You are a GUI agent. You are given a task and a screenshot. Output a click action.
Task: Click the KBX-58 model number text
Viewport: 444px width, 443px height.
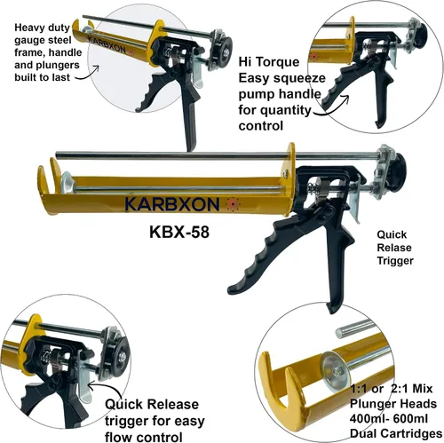[x=179, y=232]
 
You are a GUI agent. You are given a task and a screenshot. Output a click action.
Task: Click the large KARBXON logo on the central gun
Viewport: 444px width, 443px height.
[x=172, y=204]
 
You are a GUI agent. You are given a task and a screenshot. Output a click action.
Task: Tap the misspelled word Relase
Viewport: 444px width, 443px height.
[x=394, y=248]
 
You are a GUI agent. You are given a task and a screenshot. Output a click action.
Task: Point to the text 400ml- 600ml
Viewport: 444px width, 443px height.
[x=389, y=419]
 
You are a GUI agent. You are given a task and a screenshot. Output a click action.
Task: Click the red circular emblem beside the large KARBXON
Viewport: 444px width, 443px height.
[x=233, y=204]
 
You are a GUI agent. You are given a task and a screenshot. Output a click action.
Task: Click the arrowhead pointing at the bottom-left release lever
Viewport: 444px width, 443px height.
[x=91, y=385]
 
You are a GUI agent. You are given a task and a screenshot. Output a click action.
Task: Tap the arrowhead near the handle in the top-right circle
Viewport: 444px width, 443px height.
[x=347, y=97]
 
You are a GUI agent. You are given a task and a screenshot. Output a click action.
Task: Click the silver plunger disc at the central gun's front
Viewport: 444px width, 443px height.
[x=67, y=182]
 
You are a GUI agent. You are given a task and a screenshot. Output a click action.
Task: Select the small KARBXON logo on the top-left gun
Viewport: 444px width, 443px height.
[x=107, y=44]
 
